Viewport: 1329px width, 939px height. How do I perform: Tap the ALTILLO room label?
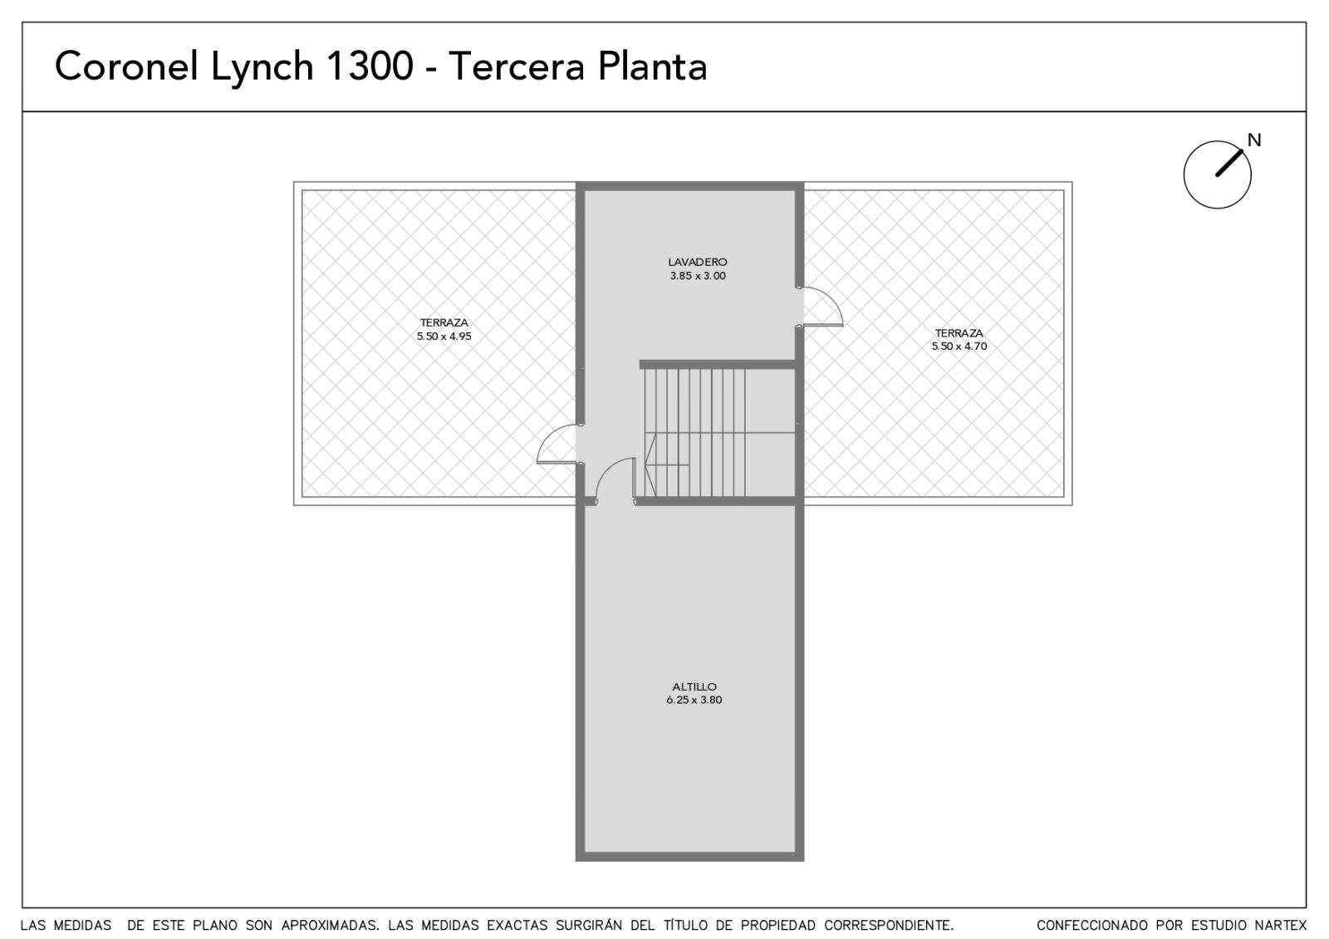[x=694, y=686]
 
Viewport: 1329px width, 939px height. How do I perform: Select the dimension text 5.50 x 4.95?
[x=444, y=337]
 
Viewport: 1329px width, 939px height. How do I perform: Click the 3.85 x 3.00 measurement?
[x=698, y=276]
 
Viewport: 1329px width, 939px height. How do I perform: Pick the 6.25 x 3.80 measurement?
[x=694, y=701]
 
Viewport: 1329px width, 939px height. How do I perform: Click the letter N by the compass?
[x=1253, y=140]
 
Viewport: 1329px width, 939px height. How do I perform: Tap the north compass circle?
[x=1217, y=175]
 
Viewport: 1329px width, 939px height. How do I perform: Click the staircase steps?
[x=695, y=432]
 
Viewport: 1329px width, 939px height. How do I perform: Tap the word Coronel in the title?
[x=126, y=66]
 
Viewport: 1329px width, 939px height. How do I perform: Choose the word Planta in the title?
[x=653, y=66]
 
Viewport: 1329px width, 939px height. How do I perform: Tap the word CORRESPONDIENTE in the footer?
[x=889, y=926]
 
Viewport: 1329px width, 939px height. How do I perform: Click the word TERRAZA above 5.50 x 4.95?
[x=444, y=323]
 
